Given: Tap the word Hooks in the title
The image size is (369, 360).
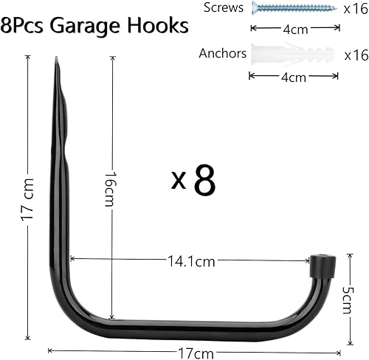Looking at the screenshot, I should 161,26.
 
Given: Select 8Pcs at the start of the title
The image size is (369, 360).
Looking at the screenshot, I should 29,26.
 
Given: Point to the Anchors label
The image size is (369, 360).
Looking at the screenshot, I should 222,54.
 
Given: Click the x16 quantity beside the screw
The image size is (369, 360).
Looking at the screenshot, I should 355,9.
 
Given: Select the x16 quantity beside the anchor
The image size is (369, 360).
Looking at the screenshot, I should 355,55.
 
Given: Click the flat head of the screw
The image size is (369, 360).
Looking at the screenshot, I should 255,8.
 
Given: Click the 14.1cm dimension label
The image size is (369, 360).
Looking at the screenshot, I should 191,260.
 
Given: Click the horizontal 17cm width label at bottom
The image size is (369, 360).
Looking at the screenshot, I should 193,352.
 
